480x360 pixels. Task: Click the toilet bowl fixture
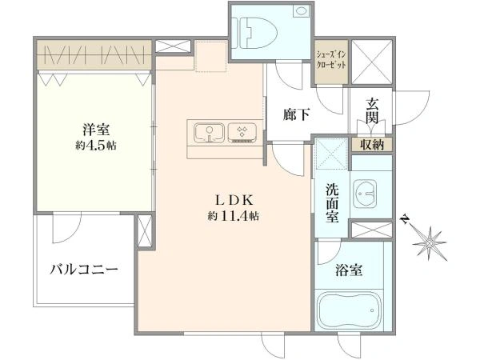[254, 33]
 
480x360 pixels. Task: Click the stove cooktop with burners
[242, 133]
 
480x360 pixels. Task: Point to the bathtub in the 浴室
[349, 310]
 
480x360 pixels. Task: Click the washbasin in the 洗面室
[365, 193]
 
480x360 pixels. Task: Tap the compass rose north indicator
[428, 242]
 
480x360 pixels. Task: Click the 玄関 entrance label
[371, 110]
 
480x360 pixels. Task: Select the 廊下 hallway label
[296, 115]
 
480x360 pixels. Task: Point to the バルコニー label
[84, 270]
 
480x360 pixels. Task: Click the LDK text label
[234, 201]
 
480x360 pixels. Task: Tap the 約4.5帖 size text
[96, 146]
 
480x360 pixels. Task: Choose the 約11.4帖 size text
[234, 217]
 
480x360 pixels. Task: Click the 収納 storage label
[372, 144]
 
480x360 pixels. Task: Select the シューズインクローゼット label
[331, 60]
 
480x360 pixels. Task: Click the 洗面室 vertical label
[332, 203]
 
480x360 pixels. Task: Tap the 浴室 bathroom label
[349, 270]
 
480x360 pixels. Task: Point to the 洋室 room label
[96, 130]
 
